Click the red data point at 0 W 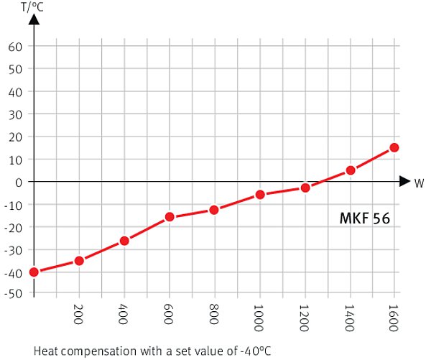[x=34, y=272]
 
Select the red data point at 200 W [x=79, y=260]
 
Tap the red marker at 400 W [x=124, y=240]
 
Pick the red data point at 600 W [x=170, y=216]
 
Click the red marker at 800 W [x=214, y=209]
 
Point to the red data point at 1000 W [x=260, y=194]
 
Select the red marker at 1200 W [x=305, y=188]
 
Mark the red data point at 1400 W [x=351, y=170]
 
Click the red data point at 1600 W [x=394, y=147]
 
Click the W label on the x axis [x=419, y=183]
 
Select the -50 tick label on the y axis [x=14, y=294]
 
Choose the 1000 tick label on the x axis [x=260, y=316]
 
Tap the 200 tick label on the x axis [x=79, y=313]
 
